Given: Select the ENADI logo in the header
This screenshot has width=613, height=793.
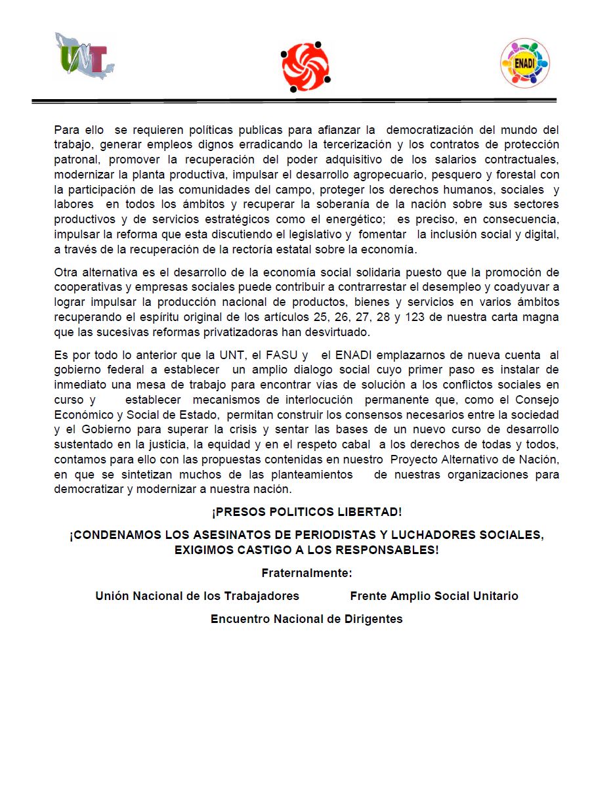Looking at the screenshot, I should pyautogui.click(x=524, y=63).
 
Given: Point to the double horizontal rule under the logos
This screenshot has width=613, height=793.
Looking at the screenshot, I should pyautogui.click(x=294, y=100).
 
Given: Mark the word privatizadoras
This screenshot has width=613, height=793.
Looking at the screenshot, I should pyautogui.click(x=222, y=332).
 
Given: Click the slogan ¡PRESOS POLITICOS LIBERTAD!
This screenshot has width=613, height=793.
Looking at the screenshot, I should pyautogui.click(x=306, y=512).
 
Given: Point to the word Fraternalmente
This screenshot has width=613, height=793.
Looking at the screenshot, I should pyautogui.click(x=306, y=573).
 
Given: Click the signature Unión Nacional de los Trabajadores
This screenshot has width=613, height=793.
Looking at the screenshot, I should pyautogui.click(x=197, y=596).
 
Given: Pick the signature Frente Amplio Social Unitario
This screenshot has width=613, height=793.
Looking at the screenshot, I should pyautogui.click(x=434, y=596).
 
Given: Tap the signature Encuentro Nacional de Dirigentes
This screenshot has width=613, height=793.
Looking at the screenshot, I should pyautogui.click(x=306, y=619).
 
